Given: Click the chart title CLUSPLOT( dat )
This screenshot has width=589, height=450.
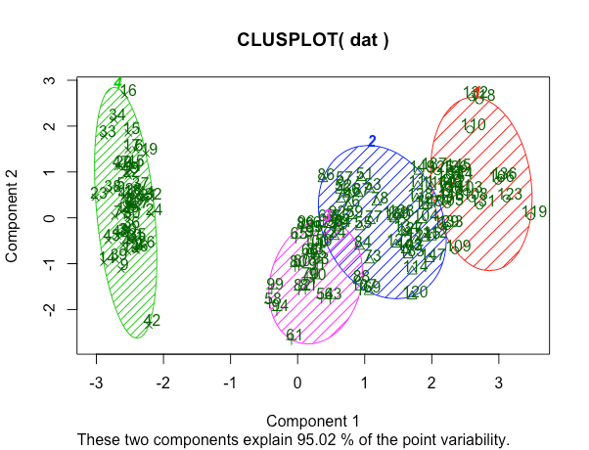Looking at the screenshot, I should tap(313, 41).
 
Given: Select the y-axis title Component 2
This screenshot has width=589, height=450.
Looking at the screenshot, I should tap(14, 216).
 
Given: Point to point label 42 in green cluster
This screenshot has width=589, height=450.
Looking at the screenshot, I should tap(152, 321).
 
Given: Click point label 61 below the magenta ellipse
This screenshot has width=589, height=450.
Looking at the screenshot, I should tap(294, 336).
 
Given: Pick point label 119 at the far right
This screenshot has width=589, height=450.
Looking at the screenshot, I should tap(534, 212).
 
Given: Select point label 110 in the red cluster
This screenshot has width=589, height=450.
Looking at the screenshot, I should tap(474, 125).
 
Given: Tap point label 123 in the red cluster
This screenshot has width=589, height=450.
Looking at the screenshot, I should tap(511, 195).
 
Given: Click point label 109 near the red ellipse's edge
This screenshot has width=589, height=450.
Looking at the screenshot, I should tap(458, 246).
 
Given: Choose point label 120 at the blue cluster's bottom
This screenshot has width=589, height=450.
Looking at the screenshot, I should tap(416, 292).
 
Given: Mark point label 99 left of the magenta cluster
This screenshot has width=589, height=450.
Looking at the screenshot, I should tap(275, 284).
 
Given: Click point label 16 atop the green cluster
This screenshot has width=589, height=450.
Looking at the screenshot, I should tap(128, 91).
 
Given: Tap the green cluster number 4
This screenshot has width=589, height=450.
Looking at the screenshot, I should tap(117, 83).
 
